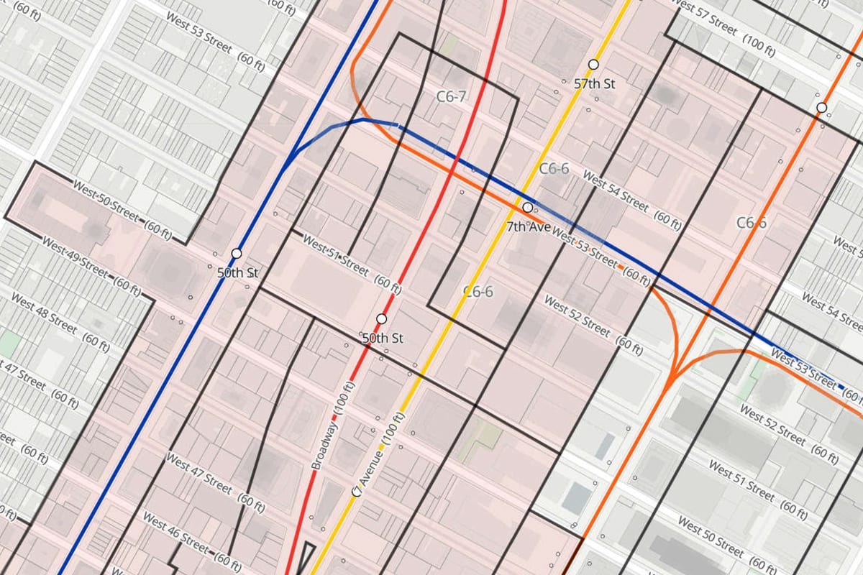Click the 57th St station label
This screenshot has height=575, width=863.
coord(595,83)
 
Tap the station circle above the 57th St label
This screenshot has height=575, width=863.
coord(593,65)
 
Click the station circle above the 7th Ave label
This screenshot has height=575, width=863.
coord(528,207)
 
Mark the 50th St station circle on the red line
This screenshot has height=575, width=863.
coord(382,318)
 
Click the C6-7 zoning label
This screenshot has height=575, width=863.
coord(452,96)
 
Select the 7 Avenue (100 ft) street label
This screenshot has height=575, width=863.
coord(378,454)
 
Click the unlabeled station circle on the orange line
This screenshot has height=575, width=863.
coord(821,108)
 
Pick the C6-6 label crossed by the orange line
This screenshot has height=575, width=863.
coord(752,223)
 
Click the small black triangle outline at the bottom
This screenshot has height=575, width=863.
coord(307,557)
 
